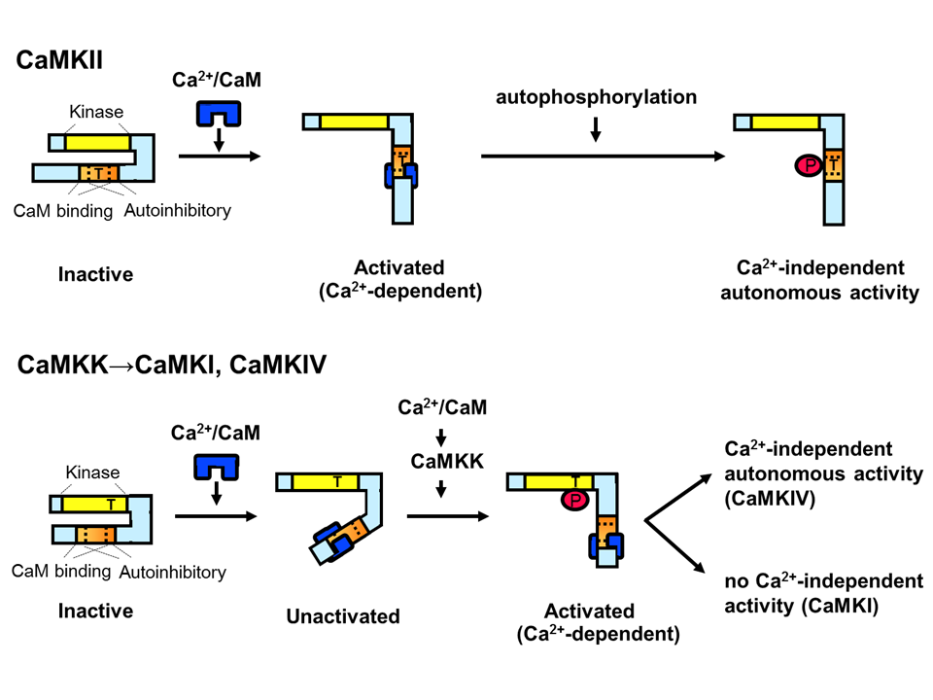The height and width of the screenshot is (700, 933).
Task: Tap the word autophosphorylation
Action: (596, 97)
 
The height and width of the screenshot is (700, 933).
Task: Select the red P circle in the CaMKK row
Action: (574, 500)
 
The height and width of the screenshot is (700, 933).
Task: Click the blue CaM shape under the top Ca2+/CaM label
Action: (219, 115)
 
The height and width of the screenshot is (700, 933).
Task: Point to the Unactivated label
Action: (343, 615)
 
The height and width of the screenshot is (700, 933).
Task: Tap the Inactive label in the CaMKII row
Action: (95, 274)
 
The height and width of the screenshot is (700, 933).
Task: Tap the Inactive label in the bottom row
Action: (95, 612)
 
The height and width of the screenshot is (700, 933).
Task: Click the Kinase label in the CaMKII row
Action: (95, 112)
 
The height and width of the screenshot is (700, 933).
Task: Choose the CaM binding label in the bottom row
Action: (60, 571)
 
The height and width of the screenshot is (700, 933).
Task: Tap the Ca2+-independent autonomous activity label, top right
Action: (822, 280)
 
